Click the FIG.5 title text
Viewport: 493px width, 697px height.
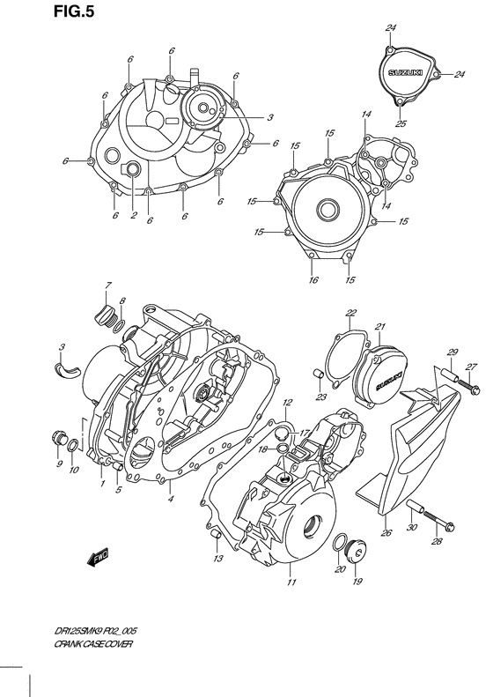point(27,11)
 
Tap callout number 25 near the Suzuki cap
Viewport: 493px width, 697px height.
point(401,123)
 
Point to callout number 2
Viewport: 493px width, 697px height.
point(133,215)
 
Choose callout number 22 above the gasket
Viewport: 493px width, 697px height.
point(350,313)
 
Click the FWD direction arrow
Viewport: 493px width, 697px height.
point(94,556)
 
